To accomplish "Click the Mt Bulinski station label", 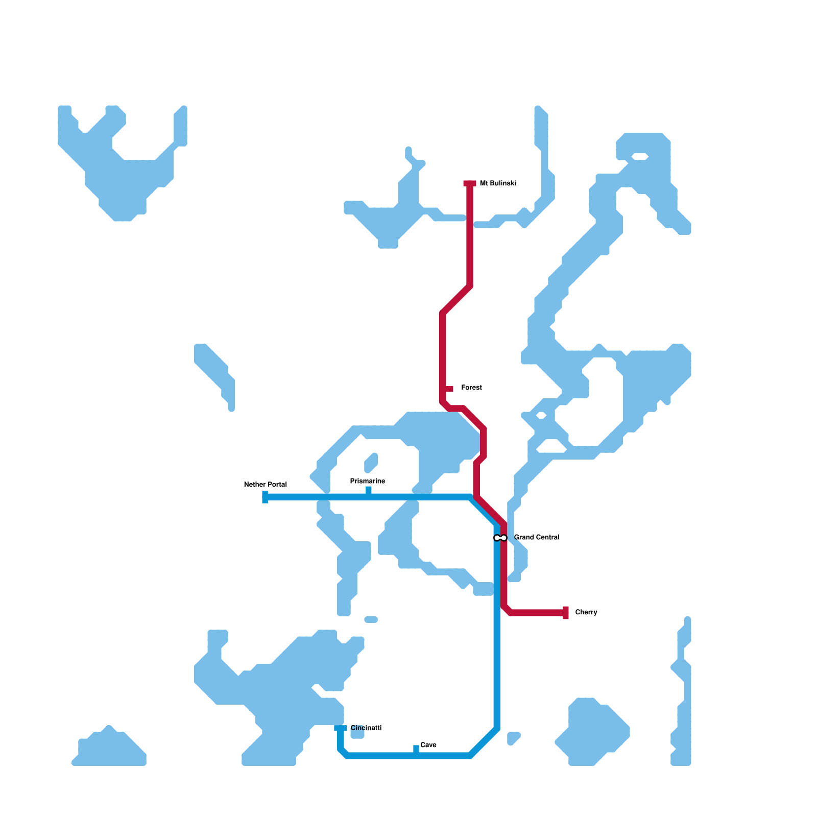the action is pos(498,183).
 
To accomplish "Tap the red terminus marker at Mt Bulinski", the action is pos(470,183).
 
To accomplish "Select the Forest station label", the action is pos(471,388).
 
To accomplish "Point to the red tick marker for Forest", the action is pos(449,389).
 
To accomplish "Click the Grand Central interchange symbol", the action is pos(500,538).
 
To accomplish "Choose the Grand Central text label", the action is pos(536,537).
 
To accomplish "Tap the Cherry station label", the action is pos(586,612).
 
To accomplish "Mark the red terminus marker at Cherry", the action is pos(566,613).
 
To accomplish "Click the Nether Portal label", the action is pos(266,485).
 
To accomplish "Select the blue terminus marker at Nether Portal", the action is pos(265,497).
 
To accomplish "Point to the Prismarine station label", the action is pos(367,481).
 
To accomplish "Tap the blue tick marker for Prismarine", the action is pos(369,491).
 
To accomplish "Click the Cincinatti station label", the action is pos(366,728).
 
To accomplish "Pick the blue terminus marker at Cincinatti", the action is pos(341,728).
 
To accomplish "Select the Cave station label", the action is pos(428,745).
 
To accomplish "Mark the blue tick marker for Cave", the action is pos(416,749).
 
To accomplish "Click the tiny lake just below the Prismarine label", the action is pos(371,462).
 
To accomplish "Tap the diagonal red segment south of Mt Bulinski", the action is pos(456,299).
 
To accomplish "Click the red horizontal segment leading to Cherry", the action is pos(536,613).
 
